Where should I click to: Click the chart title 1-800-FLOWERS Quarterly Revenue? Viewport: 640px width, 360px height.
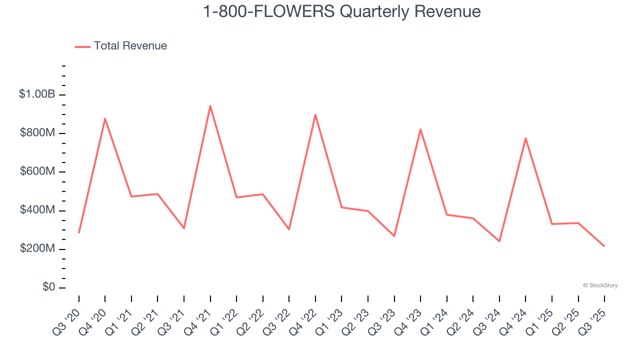coord(341,11)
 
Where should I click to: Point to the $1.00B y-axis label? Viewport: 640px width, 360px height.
coord(37,94)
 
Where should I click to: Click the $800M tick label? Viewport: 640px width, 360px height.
coord(37,133)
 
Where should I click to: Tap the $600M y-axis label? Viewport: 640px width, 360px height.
coord(37,171)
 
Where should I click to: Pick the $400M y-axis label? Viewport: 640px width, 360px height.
coord(37,210)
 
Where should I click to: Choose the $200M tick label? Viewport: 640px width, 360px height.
coord(37,248)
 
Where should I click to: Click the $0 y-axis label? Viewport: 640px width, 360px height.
coord(48,287)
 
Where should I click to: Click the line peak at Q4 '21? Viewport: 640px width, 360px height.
coord(210,106)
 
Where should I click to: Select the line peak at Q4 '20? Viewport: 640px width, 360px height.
coord(105,118)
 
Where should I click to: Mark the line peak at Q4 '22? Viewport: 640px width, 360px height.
coord(315,114)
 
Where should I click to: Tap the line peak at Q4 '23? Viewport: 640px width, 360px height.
coord(420,129)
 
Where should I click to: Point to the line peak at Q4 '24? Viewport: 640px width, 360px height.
coord(525,138)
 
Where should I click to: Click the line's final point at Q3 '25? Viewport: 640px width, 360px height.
coord(604,246)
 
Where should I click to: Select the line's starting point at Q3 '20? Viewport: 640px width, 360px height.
coord(79,232)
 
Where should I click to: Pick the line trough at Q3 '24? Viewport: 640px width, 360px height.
coord(499,241)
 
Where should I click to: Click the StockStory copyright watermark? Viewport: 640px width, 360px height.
coord(600,285)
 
